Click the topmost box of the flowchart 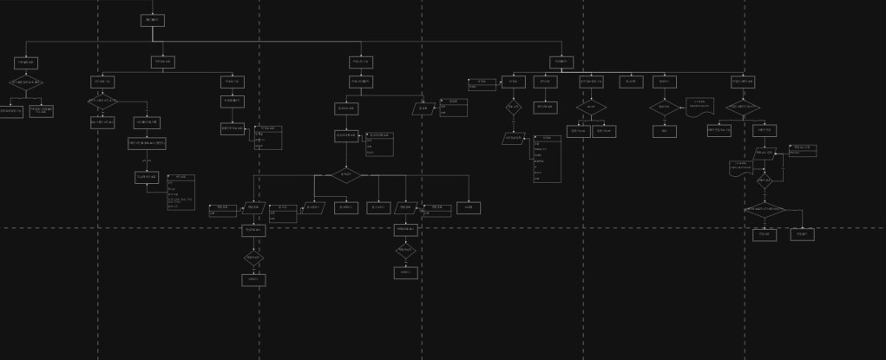point(152,20)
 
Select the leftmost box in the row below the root point(26,62)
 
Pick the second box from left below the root point(163,62)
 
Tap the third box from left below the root point(361,62)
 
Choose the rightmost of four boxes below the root point(561,62)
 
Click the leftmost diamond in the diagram point(26,82)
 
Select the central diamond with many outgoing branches point(346,174)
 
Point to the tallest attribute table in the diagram point(547,159)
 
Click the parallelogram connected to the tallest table point(514,138)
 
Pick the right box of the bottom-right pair point(802,234)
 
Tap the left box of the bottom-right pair point(765,234)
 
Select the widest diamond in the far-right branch point(764,209)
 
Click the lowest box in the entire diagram point(253,280)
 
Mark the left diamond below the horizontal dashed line point(253,257)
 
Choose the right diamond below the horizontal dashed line point(405,250)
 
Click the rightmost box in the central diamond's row point(469,208)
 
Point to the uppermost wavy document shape point(699,106)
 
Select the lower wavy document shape point(740,168)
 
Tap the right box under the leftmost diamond point(41,111)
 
